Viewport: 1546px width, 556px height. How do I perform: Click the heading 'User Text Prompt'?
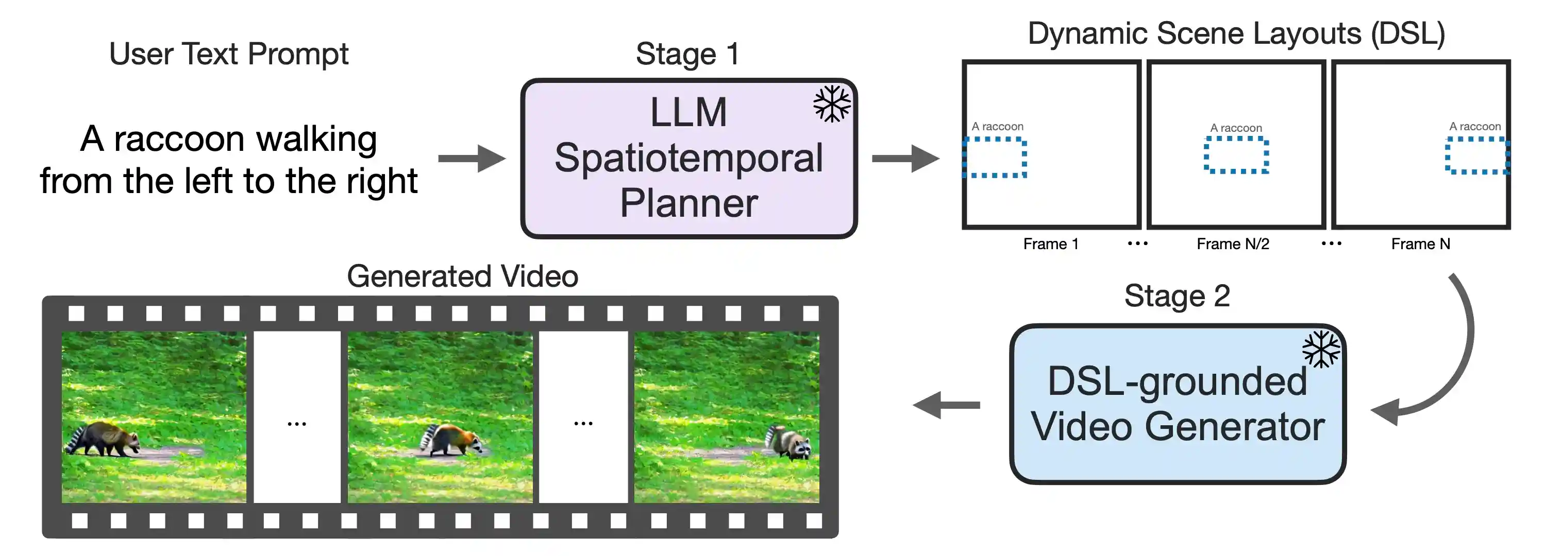[x=228, y=54]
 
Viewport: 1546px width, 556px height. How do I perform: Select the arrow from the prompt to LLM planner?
[x=472, y=159]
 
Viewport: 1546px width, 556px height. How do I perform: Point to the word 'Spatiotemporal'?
[x=688, y=158]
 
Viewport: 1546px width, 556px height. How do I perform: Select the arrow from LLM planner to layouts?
[x=905, y=159]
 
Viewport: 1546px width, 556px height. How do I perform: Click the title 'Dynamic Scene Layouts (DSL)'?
[x=1236, y=33]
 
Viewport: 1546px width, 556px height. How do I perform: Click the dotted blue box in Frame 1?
[x=995, y=158]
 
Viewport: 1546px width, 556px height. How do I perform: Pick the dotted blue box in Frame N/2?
[x=1236, y=155]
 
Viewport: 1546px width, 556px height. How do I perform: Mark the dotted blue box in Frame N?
[x=1477, y=155]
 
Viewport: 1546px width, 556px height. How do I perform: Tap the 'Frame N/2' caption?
[x=1233, y=244]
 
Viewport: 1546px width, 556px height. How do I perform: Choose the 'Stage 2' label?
[x=1177, y=296]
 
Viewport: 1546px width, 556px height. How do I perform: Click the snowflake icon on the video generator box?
[x=1321, y=349]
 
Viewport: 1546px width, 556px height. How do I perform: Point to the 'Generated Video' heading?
[x=462, y=276]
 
